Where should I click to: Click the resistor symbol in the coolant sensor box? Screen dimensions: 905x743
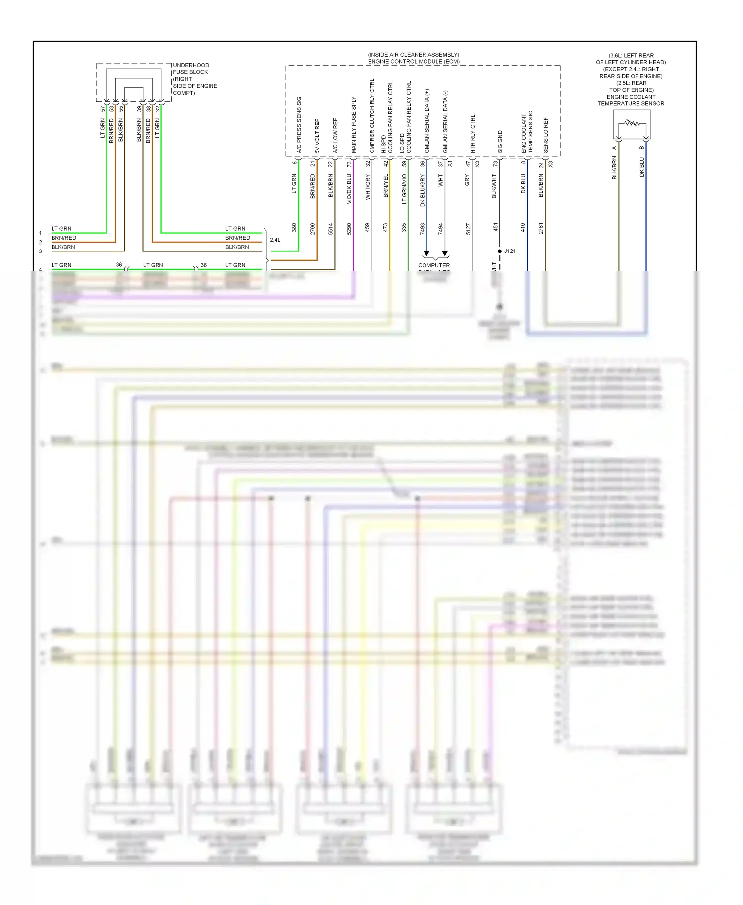(x=632, y=123)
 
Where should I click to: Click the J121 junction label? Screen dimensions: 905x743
(x=510, y=251)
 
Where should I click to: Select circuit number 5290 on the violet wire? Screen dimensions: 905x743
(x=349, y=228)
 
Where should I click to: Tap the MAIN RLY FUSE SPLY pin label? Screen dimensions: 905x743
(x=354, y=124)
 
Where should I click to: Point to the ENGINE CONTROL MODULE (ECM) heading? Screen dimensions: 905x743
(x=414, y=62)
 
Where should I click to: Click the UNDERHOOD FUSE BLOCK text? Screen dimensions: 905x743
(x=191, y=69)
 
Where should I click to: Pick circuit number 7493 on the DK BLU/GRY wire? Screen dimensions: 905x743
(x=422, y=228)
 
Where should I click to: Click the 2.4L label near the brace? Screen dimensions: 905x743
(x=275, y=240)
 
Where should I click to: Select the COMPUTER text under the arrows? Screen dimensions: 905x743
(x=434, y=265)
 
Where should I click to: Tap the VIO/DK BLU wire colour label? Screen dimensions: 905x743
(x=349, y=189)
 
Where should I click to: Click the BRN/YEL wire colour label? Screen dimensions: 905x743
(x=385, y=186)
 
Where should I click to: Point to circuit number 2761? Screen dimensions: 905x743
(x=541, y=228)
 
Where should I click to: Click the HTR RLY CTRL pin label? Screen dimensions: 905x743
(x=473, y=134)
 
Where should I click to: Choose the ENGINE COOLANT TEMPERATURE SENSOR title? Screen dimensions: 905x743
(x=631, y=100)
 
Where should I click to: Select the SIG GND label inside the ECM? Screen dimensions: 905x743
(x=500, y=142)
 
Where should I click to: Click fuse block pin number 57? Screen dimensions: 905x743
(x=103, y=108)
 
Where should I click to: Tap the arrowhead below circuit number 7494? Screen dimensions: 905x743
(x=445, y=254)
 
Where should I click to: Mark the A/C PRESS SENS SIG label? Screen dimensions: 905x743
(x=299, y=124)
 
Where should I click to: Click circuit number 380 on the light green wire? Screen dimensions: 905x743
(x=294, y=227)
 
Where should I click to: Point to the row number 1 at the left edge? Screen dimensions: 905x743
(x=41, y=233)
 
